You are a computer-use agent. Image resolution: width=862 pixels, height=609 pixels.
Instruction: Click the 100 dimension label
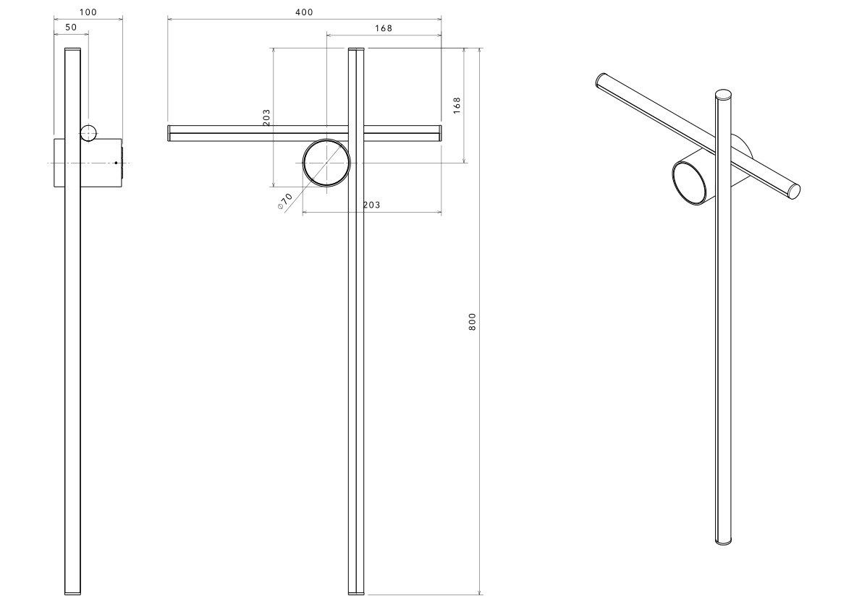(88, 12)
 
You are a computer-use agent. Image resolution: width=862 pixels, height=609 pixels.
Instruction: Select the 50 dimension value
(71, 27)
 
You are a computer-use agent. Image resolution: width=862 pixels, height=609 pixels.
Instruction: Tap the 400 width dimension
(304, 12)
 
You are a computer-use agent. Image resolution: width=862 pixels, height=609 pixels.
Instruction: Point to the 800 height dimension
(472, 321)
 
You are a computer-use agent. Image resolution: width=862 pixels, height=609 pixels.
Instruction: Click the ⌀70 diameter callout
(285, 202)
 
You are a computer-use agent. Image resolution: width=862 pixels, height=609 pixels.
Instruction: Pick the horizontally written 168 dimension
(383, 28)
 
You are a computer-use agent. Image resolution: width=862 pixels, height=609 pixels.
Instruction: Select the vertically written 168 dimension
(457, 106)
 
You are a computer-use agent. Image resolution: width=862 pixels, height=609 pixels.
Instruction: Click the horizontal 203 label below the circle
(371, 205)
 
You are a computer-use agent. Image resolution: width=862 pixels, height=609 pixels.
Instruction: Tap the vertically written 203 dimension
(266, 117)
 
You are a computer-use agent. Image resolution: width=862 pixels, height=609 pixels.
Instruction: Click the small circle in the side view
(88, 133)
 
